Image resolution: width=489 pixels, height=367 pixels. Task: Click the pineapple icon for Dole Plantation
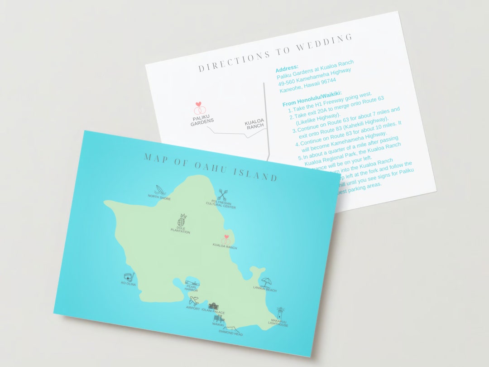coord(182,220)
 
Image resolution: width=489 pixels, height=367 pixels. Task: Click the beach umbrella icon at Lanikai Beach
coord(265,282)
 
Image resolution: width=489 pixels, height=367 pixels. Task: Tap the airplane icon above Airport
coord(194,301)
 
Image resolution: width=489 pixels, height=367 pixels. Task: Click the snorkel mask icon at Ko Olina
coord(129,276)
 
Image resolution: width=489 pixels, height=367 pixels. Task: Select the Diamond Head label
coord(231,334)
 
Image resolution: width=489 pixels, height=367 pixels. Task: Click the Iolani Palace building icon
coord(213,307)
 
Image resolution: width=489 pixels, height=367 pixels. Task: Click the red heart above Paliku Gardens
coord(198,104)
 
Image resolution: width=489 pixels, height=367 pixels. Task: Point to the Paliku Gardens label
coord(202,121)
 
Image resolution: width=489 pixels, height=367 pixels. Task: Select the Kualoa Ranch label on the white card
coord(254,125)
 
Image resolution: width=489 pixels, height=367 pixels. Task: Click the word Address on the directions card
coord(287,68)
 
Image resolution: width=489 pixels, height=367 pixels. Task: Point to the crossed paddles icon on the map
coord(222,195)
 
